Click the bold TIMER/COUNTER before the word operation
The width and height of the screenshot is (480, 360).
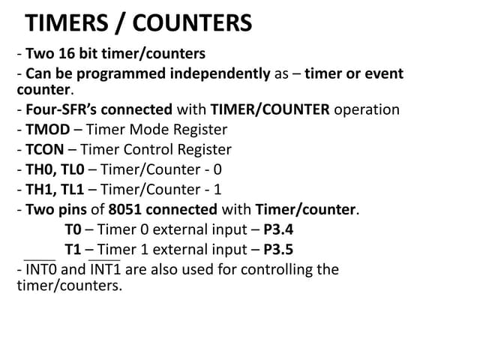coord(270,109)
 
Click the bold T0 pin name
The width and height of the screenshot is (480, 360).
coord(73,229)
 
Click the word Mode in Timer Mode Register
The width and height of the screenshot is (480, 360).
coord(136,129)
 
